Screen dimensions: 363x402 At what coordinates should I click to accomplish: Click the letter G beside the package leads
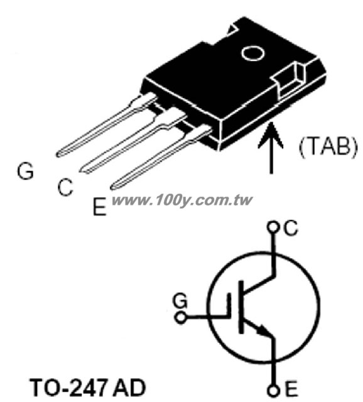(25, 171)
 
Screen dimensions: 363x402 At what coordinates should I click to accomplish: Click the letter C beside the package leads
(65, 187)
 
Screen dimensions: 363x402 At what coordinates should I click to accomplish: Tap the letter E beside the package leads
(99, 206)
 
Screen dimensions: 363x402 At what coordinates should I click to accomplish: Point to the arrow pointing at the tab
(271, 148)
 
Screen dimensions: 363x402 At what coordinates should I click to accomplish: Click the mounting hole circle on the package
(252, 53)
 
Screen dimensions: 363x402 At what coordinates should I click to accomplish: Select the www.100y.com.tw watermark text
(182, 200)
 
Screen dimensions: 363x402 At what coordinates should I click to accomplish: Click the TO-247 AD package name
(88, 388)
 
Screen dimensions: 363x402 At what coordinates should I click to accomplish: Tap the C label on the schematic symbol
(291, 228)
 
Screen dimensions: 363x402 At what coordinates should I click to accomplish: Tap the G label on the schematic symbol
(180, 301)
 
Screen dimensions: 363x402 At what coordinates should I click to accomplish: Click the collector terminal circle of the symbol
(273, 227)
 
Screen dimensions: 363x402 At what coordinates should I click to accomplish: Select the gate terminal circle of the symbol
(181, 318)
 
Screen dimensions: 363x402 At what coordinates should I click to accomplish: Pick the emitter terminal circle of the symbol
(273, 391)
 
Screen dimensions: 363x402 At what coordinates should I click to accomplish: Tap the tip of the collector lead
(82, 170)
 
